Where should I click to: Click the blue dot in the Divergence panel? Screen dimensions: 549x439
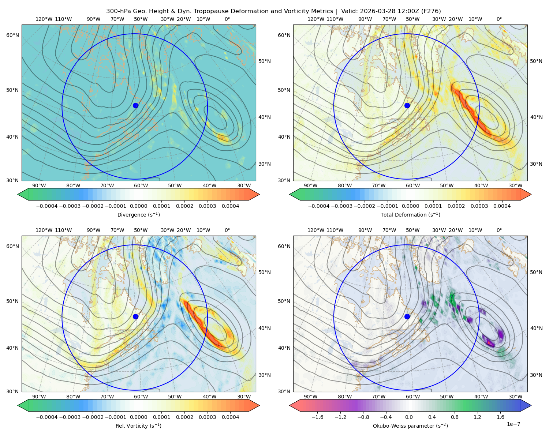135,105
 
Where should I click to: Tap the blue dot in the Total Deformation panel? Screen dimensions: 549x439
407,105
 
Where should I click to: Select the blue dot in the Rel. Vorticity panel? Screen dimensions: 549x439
135,316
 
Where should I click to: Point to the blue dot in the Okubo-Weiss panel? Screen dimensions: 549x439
407,316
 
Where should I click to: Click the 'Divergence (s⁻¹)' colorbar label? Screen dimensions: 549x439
138,214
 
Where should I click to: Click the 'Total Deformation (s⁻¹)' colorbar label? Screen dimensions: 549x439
410,214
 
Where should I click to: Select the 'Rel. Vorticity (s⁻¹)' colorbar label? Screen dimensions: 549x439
138,425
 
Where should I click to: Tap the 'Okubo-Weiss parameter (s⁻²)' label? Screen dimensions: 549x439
410,425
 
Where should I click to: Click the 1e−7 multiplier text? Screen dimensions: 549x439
513,424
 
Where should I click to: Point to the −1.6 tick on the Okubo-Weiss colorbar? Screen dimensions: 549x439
317,417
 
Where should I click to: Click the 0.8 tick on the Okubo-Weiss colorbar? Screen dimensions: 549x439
455,417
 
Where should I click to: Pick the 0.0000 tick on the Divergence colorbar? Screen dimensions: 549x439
138,206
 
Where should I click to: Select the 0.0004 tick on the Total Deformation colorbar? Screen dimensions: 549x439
502,206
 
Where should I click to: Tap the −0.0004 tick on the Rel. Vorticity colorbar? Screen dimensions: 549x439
47,417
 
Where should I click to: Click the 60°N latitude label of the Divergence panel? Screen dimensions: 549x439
12,35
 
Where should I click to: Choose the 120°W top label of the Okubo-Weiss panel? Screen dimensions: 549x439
315,230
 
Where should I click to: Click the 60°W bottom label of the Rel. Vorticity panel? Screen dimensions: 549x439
141,397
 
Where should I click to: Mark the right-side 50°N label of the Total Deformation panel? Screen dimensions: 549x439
536,61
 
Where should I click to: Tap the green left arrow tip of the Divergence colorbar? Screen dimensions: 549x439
18,194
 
